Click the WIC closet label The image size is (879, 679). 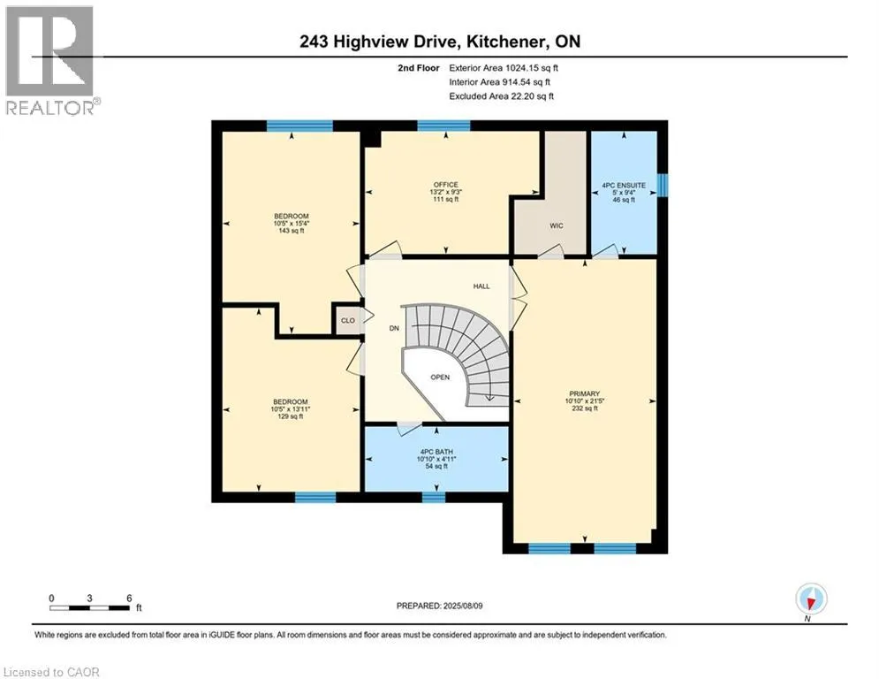(556, 225)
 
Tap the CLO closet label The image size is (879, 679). (347, 320)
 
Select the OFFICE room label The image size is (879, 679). (445, 185)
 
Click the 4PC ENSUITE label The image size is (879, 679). (624, 185)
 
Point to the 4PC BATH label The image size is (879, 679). (436, 452)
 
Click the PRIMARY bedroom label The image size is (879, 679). (584, 394)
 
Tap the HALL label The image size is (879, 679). (481, 286)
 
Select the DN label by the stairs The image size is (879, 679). (394, 328)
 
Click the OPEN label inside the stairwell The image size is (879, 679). (440, 378)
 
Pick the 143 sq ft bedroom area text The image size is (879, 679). (291, 231)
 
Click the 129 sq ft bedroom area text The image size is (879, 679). (291, 416)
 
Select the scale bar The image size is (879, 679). (90, 607)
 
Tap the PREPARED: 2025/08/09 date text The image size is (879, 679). (440, 606)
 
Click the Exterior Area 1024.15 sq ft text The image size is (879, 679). (504, 68)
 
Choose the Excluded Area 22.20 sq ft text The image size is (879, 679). (501, 96)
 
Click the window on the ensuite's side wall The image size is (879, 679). (663, 185)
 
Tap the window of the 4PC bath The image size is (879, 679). (434, 497)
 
